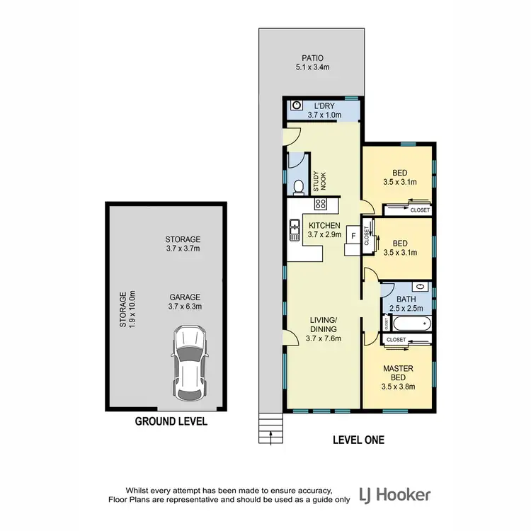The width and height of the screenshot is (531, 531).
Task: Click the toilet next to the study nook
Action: coord(299,187)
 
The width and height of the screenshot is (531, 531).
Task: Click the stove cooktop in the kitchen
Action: coord(320,205)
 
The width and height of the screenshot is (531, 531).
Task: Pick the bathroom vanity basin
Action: coord(420,287)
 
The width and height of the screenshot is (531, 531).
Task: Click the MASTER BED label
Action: coord(397,373)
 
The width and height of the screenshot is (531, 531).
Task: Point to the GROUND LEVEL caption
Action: coord(171,421)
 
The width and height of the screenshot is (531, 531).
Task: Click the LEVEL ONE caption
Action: coord(358,440)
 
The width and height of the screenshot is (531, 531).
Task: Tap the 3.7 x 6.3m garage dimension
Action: coord(184,307)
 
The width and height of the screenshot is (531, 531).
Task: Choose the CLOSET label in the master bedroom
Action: coord(396,340)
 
